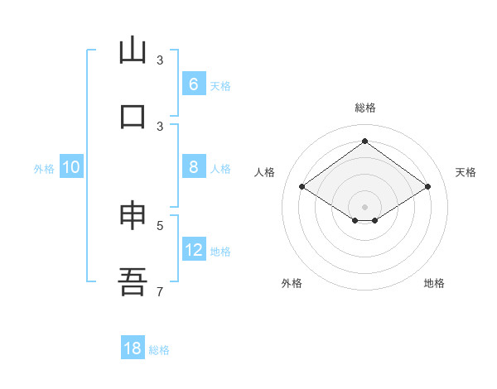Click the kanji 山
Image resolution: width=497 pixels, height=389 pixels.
133,50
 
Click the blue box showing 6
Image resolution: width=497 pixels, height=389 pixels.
193,84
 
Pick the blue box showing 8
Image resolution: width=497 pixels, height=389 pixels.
193,167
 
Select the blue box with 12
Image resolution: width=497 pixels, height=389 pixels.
194,250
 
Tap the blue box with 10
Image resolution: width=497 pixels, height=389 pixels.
71,167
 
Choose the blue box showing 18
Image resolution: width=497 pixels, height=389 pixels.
133,348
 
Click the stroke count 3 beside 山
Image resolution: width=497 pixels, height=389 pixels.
160,60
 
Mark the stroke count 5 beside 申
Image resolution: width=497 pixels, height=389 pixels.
160,224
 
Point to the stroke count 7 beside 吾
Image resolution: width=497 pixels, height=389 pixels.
160,291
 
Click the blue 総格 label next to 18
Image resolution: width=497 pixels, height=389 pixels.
159,350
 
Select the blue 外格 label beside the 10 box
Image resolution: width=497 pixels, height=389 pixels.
44,169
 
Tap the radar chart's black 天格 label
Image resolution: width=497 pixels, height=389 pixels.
466,172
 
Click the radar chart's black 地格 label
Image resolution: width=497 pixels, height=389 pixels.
434,283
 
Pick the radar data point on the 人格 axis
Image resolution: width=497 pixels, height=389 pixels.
302,187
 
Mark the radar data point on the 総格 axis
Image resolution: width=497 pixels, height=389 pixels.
364,142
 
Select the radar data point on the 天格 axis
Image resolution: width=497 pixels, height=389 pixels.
427,187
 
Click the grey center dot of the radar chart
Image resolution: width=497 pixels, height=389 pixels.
364,206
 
